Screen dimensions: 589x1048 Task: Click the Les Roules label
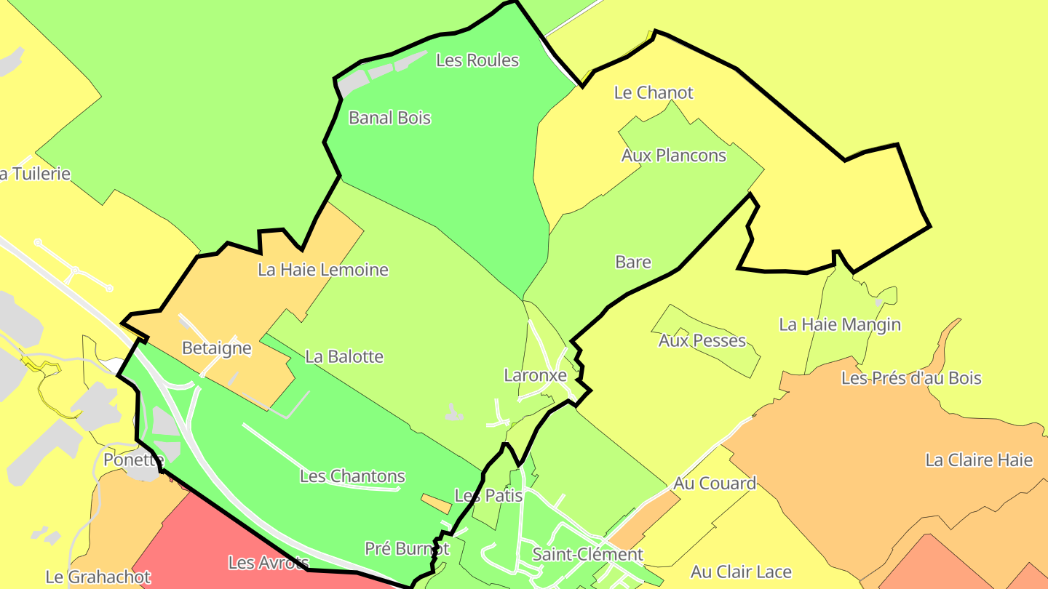pos(477,60)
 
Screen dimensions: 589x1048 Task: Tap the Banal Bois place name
pos(389,118)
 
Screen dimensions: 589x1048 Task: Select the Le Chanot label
pos(654,93)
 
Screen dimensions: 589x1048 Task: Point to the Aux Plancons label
pos(673,156)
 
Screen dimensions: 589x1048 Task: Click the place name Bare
pos(633,263)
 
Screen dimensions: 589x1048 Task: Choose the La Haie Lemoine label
pos(323,271)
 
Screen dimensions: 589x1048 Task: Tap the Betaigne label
pos(216,348)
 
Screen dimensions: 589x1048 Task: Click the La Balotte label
pos(344,357)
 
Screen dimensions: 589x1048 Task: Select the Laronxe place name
pos(535,376)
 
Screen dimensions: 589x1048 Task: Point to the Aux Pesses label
pos(702,340)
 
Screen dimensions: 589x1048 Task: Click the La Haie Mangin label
pos(840,324)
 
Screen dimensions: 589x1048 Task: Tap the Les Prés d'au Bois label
pos(911,378)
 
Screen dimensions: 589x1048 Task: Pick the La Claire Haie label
pos(979,460)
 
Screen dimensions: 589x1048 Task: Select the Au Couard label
pos(715,484)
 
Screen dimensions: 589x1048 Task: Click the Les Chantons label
pos(352,477)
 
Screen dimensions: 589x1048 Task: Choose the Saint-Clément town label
pos(587,555)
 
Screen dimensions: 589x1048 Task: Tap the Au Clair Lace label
pos(741,572)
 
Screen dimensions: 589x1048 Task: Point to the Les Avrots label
pos(269,563)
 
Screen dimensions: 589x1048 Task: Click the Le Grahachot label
pos(98,577)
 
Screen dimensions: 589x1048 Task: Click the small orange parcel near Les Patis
pos(437,502)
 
